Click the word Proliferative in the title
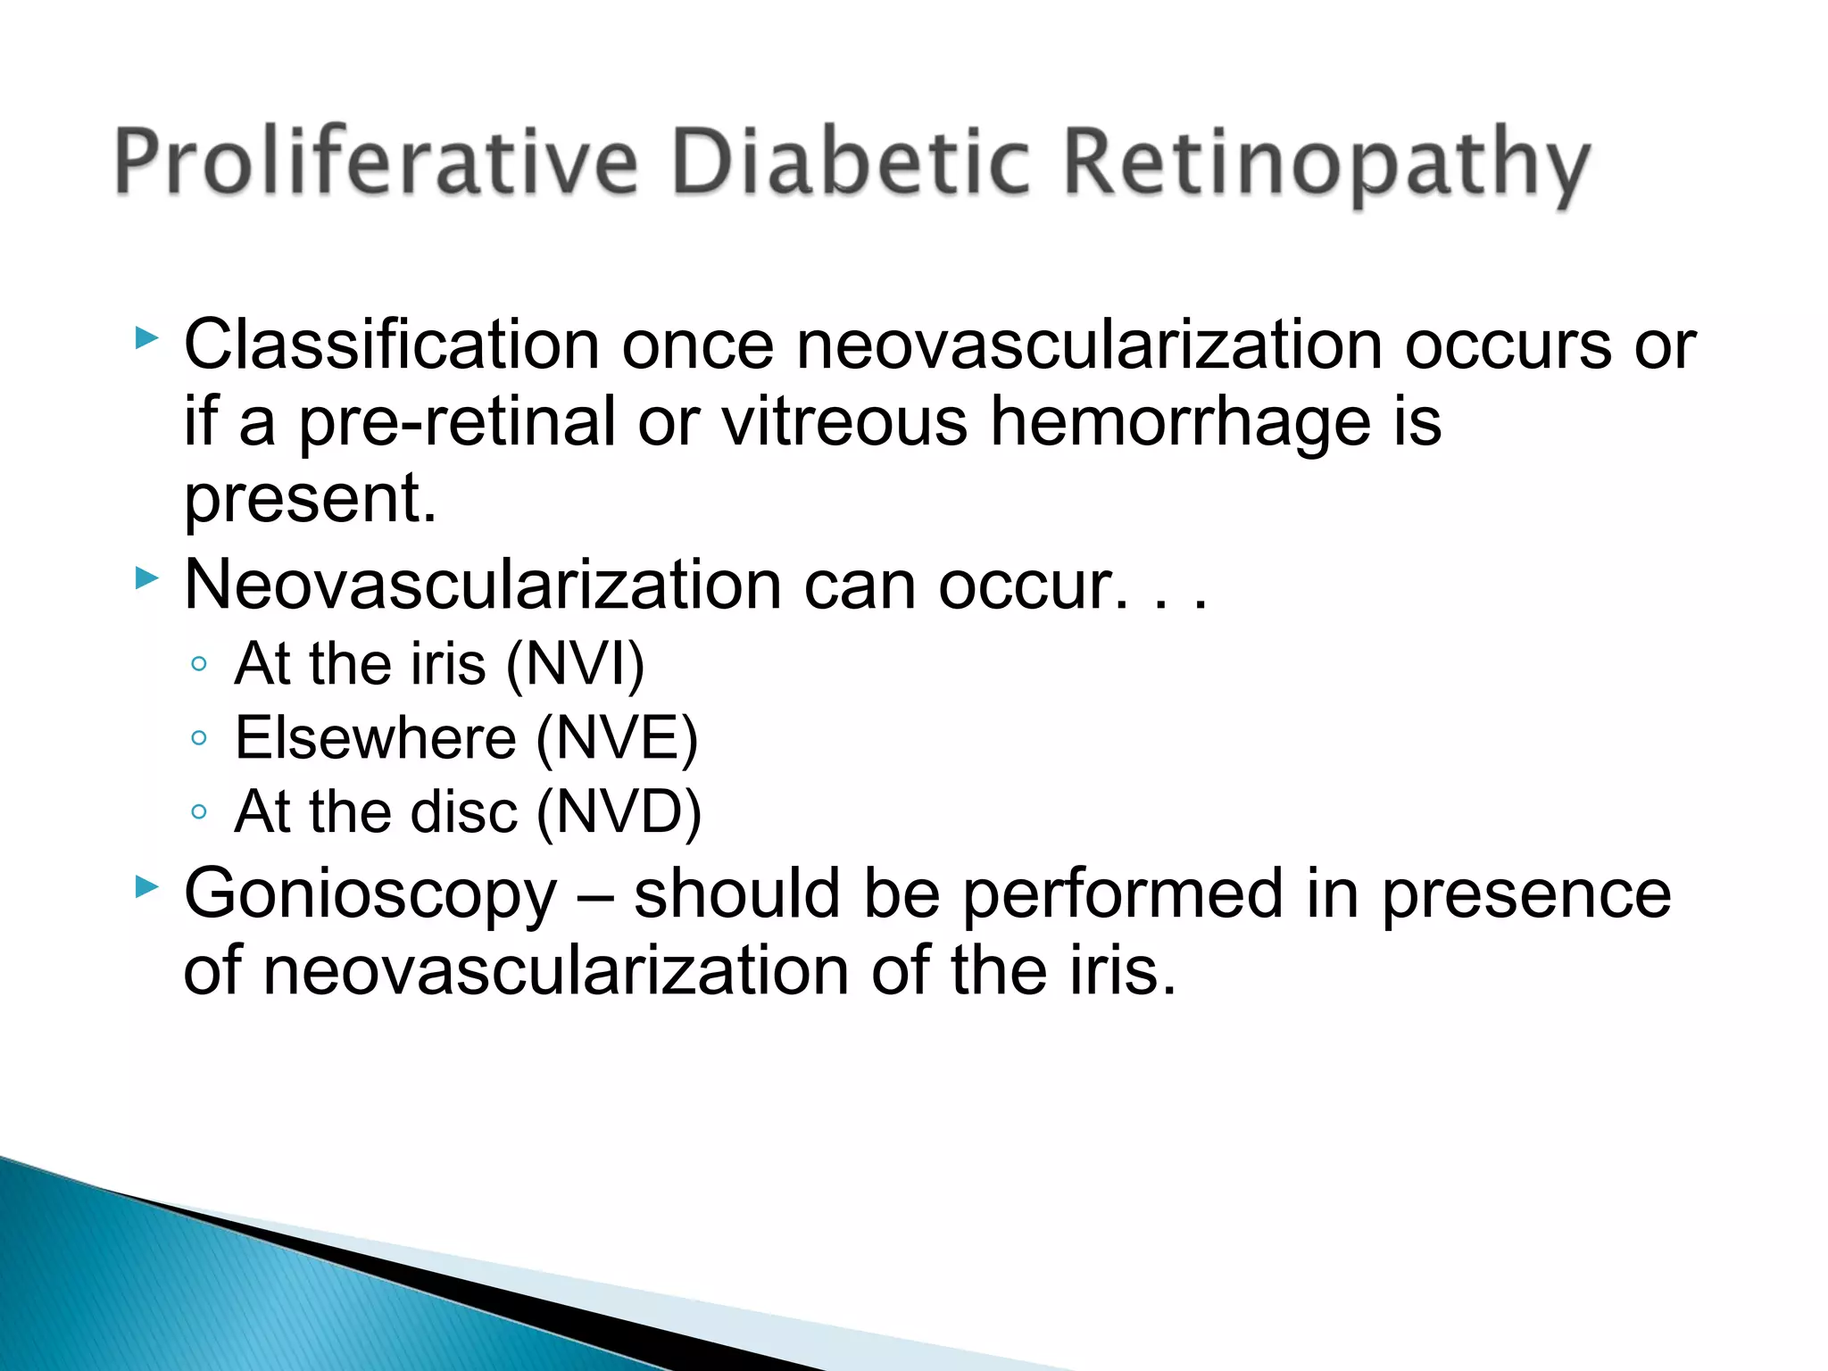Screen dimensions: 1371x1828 [375, 162]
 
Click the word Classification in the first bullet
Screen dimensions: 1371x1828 [391, 345]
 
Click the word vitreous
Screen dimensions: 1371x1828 [844, 421]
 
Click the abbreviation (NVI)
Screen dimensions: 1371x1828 [576, 665]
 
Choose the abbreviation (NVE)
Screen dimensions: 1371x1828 [617, 739]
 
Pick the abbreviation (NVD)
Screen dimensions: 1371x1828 [619, 813]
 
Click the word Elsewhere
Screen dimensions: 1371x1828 [376, 739]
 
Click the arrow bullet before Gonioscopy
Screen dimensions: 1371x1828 [147, 886]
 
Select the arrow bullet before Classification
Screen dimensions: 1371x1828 [147, 337]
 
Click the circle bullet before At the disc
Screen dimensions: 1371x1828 [199, 812]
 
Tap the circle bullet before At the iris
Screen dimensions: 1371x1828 [199, 664]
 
